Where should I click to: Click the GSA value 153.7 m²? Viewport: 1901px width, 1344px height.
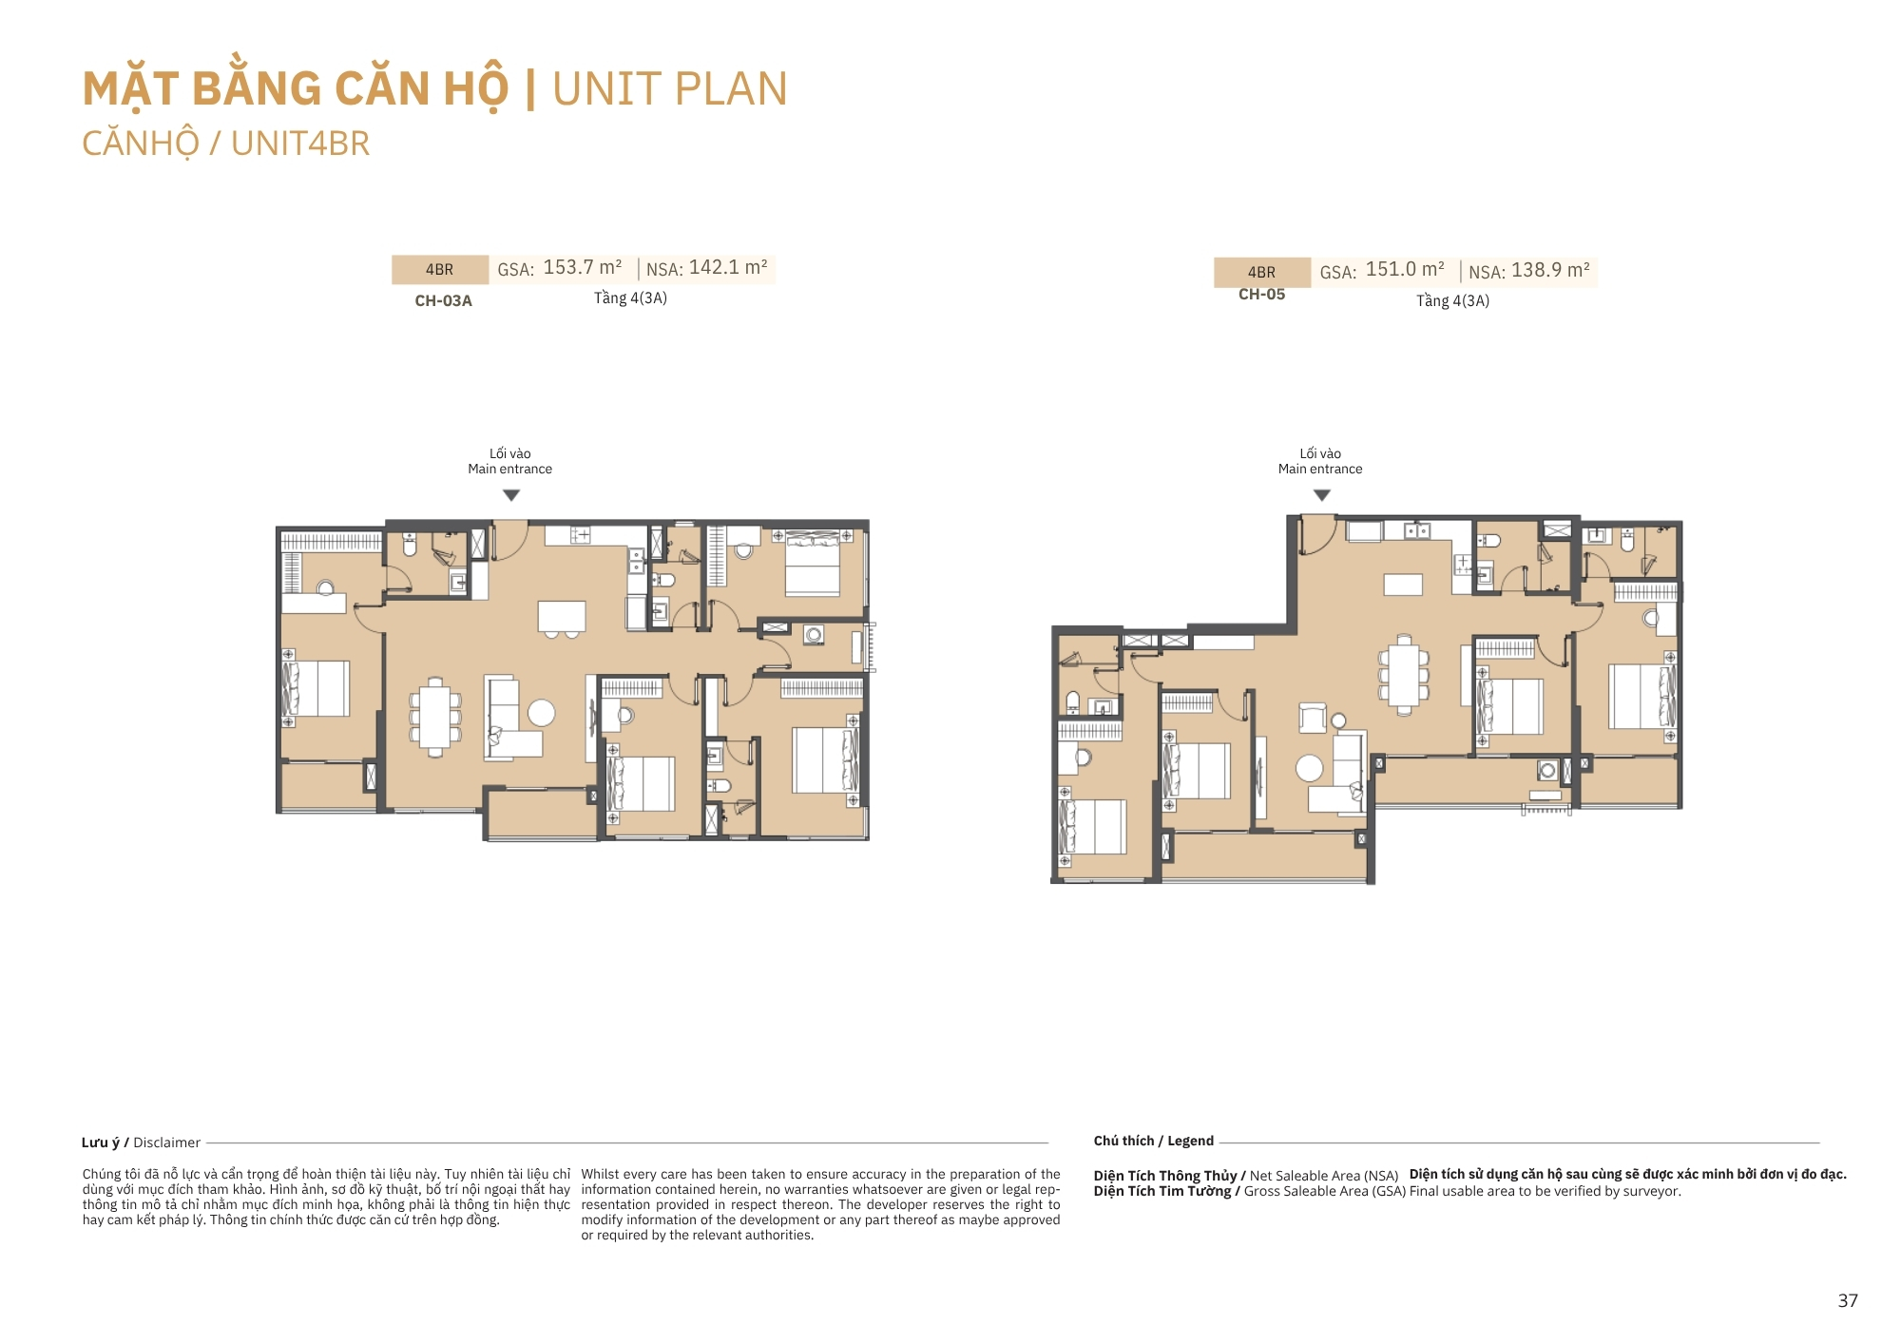click(583, 268)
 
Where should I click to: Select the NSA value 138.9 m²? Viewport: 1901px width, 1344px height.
click(1550, 271)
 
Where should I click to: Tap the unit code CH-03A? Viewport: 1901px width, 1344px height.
click(443, 300)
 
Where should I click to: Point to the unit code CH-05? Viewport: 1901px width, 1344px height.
click(1261, 295)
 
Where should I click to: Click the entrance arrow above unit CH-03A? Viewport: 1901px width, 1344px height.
click(511, 495)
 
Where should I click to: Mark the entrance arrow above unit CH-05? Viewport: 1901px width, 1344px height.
click(1321, 495)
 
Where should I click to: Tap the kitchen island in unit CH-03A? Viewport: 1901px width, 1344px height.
click(562, 616)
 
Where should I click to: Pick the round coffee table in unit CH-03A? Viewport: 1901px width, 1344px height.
click(542, 713)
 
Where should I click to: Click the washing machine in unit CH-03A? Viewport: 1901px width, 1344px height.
click(814, 634)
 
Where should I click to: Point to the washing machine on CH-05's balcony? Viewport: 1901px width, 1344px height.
click(1547, 770)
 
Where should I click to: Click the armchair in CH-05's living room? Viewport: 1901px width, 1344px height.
click(1313, 718)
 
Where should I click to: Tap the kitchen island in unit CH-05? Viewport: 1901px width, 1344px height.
click(1403, 585)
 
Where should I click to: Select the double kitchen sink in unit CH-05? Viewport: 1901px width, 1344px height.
click(1417, 530)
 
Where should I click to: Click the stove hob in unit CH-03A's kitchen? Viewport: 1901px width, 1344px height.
click(580, 535)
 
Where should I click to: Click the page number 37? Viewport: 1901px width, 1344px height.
click(1848, 1300)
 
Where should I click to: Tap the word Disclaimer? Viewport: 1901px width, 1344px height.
click(167, 1142)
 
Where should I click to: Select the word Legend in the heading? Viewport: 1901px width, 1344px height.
click(1190, 1141)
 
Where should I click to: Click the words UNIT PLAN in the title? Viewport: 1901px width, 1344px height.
click(670, 89)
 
